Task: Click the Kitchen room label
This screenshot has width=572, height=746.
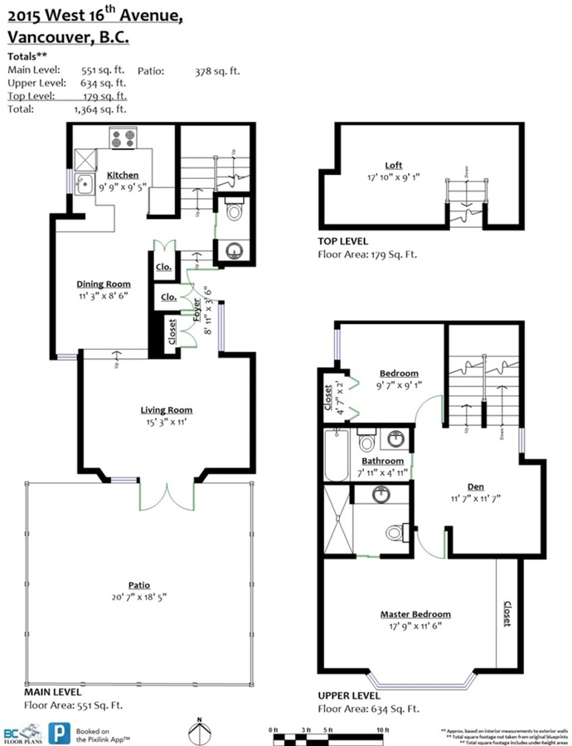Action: click(122, 175)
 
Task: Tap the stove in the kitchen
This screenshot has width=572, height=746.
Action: click(123, 138)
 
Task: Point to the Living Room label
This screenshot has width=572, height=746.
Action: click(166, 409)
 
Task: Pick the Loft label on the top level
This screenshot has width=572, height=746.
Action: click(393, 165)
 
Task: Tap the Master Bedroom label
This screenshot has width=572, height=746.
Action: click(415, 614)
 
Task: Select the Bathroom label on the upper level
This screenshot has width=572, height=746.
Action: click(382, 461)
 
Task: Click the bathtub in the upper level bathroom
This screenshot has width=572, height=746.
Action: click(337, 455)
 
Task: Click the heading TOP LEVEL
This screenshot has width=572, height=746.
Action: click(342, 241)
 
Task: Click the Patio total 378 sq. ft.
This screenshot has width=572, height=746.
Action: click(216, 71)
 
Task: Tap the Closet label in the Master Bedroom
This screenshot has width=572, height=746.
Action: click(507, 614)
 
